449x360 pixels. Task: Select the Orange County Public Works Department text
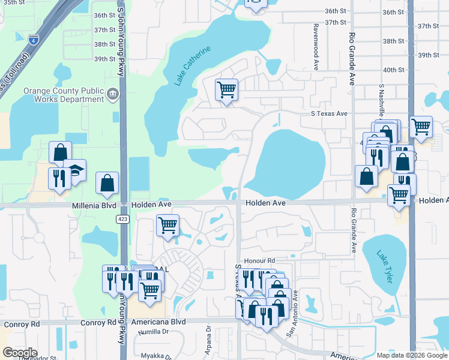tap(62, 95)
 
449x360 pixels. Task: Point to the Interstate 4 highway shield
tap(33, 41)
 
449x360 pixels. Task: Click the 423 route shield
tap(122, 219)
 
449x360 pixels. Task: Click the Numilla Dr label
tap(151, 332)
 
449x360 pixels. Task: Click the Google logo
tap(20, 353)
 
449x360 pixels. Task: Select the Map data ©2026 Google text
tap(412, 355)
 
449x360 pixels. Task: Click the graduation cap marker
tap(76, 171)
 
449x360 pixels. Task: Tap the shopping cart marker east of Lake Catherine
tap(226, 91)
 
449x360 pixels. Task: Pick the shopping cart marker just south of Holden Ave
tap(167, 226)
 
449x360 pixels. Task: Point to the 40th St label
tap(394, 70)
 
